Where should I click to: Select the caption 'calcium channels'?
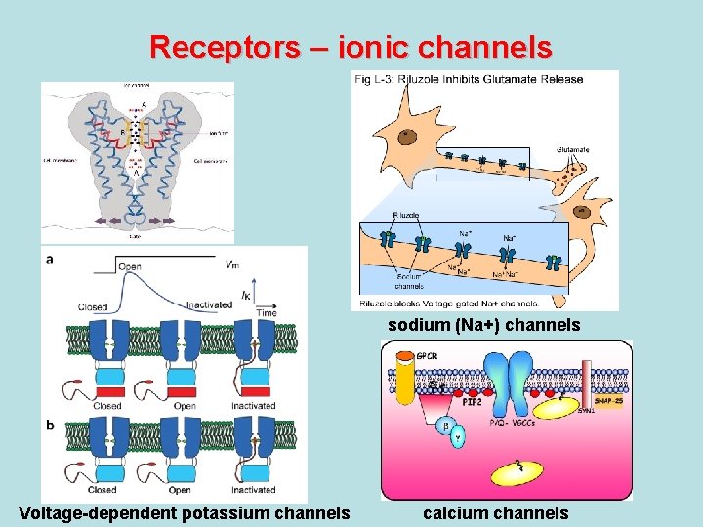[x=495, y=512]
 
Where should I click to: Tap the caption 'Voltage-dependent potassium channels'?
[x=185, y=512]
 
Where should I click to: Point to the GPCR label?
[x=428, y=356]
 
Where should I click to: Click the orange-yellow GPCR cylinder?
[x=403, y=375]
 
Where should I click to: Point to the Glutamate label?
[x=573, y=149]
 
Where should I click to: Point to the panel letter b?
[x=49, y=424]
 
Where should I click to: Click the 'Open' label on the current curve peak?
[x=129, y=266]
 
